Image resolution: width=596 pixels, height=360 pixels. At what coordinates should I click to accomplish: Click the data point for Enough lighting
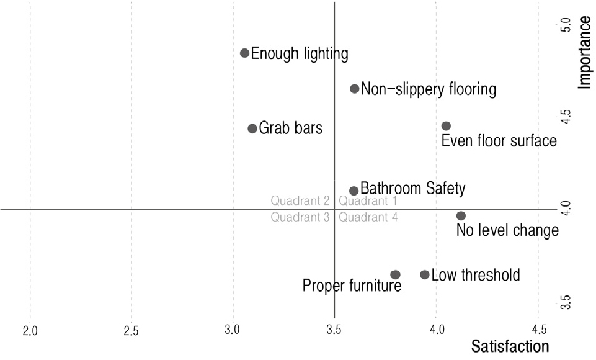[244, 53]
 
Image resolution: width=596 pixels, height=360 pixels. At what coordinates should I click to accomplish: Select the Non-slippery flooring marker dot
[355, 89]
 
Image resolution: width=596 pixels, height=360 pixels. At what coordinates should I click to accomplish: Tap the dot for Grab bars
[252, 128]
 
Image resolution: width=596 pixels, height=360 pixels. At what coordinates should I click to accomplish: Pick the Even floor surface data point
[446, 126]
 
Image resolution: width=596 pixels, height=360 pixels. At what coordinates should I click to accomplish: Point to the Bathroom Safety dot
[354, 191]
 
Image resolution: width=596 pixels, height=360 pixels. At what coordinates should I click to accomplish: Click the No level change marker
[461, 216]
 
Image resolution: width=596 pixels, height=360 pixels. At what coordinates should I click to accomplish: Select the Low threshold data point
[425, 274]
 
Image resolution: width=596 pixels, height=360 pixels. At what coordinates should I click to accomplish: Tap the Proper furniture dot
[395, 274]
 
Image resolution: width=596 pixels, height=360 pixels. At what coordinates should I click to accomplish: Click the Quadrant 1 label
[368, 201]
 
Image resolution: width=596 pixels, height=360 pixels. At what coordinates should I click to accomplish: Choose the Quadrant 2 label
[300, 201]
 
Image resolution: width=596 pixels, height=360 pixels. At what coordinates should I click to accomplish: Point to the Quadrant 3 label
[300, 217]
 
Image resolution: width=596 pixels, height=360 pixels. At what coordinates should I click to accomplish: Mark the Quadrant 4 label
[368, 217]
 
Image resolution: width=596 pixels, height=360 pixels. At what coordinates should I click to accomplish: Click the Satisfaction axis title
[510, 346]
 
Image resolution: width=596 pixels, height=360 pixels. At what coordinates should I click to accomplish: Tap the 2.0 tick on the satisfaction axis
[30, 330]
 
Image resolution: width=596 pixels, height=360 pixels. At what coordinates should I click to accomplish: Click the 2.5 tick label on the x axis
[131, 330]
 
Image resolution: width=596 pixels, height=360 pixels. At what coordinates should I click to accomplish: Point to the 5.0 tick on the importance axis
[564, 25]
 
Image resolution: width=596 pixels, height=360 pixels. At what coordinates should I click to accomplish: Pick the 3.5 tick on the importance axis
[564, 302]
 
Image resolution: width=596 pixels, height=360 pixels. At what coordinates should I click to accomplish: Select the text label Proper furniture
[352, 286]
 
